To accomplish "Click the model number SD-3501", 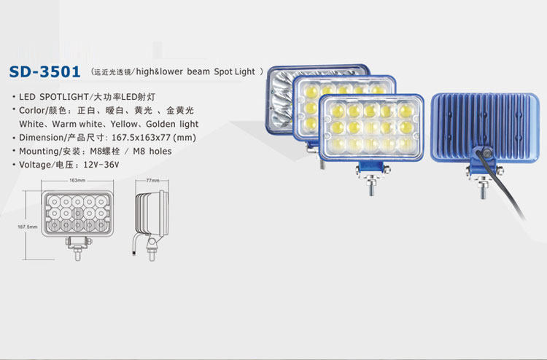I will [x=44, y=73].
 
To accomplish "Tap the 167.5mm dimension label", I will [x=27, y=227].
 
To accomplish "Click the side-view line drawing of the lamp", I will [x=152, y=217].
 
